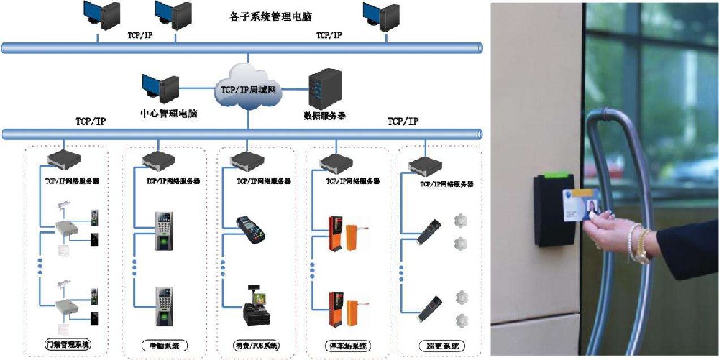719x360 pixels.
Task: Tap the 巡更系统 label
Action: [x=440, y=346]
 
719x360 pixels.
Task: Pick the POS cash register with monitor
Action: [x=255, y=305]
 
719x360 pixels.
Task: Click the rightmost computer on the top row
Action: [x=381, y=16]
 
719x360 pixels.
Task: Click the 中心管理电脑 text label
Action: [x=169, y=114]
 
